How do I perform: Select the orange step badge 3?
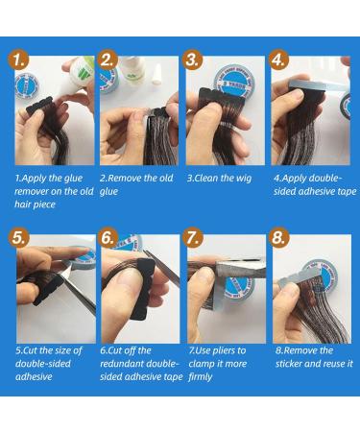195,60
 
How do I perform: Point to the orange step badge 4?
281,60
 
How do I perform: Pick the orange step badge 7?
195,237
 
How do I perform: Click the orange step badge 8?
281,237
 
